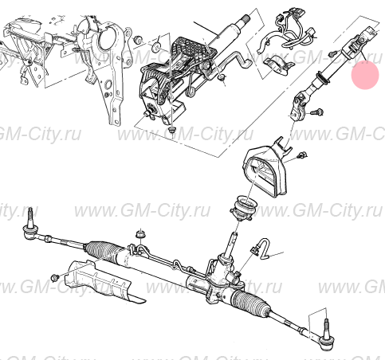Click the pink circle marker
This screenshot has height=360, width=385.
click(365, 75)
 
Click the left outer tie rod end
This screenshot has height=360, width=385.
click(29, 226)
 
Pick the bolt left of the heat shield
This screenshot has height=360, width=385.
click(55, 278)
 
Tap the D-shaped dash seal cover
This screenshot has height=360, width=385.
click(265, 170)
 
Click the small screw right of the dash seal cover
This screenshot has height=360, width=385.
click(302, 155)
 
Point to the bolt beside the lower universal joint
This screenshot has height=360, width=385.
click(316, 112)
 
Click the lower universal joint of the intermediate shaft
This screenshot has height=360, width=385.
click(300, 104)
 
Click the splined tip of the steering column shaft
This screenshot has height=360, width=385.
click(244, 19)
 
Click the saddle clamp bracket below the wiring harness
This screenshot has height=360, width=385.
click(278, 65)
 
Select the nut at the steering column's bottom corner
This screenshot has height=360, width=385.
click(172, 130)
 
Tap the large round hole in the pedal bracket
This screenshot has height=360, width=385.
click(106, 37)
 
